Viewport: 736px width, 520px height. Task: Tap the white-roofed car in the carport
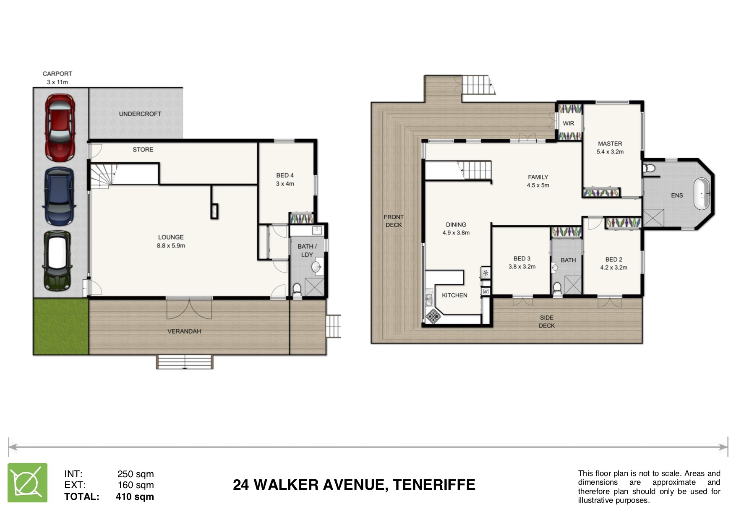point(57,260)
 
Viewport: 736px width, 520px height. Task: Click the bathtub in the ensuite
point(702,194)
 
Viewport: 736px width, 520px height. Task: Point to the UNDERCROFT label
point(140,114)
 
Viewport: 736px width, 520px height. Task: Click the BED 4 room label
point(285,175)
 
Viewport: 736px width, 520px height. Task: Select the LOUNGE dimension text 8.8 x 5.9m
point(171,246)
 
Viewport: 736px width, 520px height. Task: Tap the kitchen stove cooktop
point(432,316)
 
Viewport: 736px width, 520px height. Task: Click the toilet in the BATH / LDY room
point(297,289)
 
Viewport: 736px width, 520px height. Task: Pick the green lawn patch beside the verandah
point(61,326)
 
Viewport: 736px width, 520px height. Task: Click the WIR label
point(569,123)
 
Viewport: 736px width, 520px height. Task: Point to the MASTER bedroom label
point(610,143)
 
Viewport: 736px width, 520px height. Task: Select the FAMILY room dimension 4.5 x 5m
point(538,185)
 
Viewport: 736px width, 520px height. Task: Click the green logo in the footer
point(28,483)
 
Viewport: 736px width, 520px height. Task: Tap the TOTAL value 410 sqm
point(135,497)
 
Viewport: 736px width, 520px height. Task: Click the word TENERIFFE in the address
point(434,485)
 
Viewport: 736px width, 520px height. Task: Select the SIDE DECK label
point(547,322)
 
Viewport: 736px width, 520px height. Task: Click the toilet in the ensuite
point(649,169)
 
